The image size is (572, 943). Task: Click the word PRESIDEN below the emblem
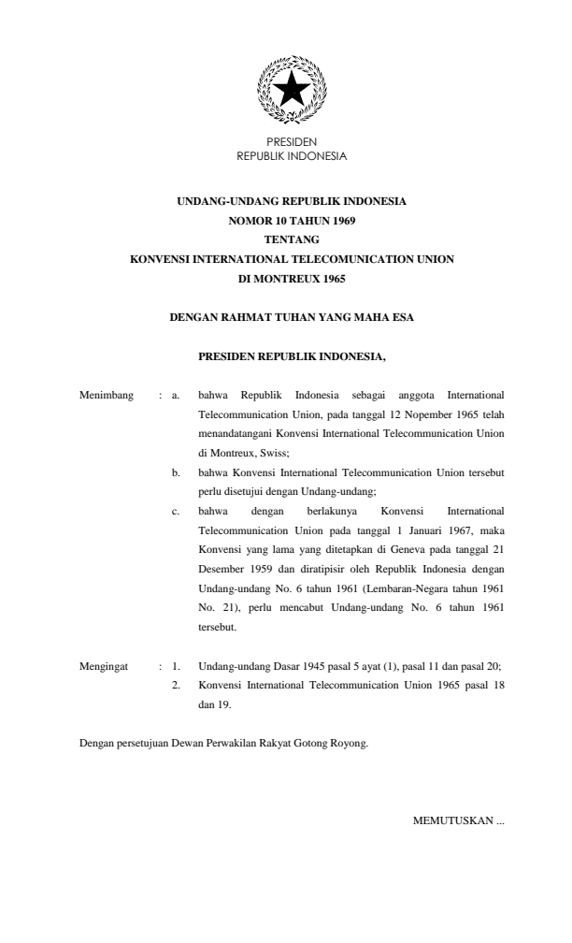point(292,143)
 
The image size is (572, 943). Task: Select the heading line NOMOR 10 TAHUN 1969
point(292,222)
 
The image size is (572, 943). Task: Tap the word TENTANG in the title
point(292,239)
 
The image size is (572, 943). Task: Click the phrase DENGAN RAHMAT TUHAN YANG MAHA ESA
point(292,318)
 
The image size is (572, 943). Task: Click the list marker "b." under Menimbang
point(178,473)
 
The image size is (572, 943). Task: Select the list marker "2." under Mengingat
point(176,685)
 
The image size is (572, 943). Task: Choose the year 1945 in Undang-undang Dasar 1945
point(295,666)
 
